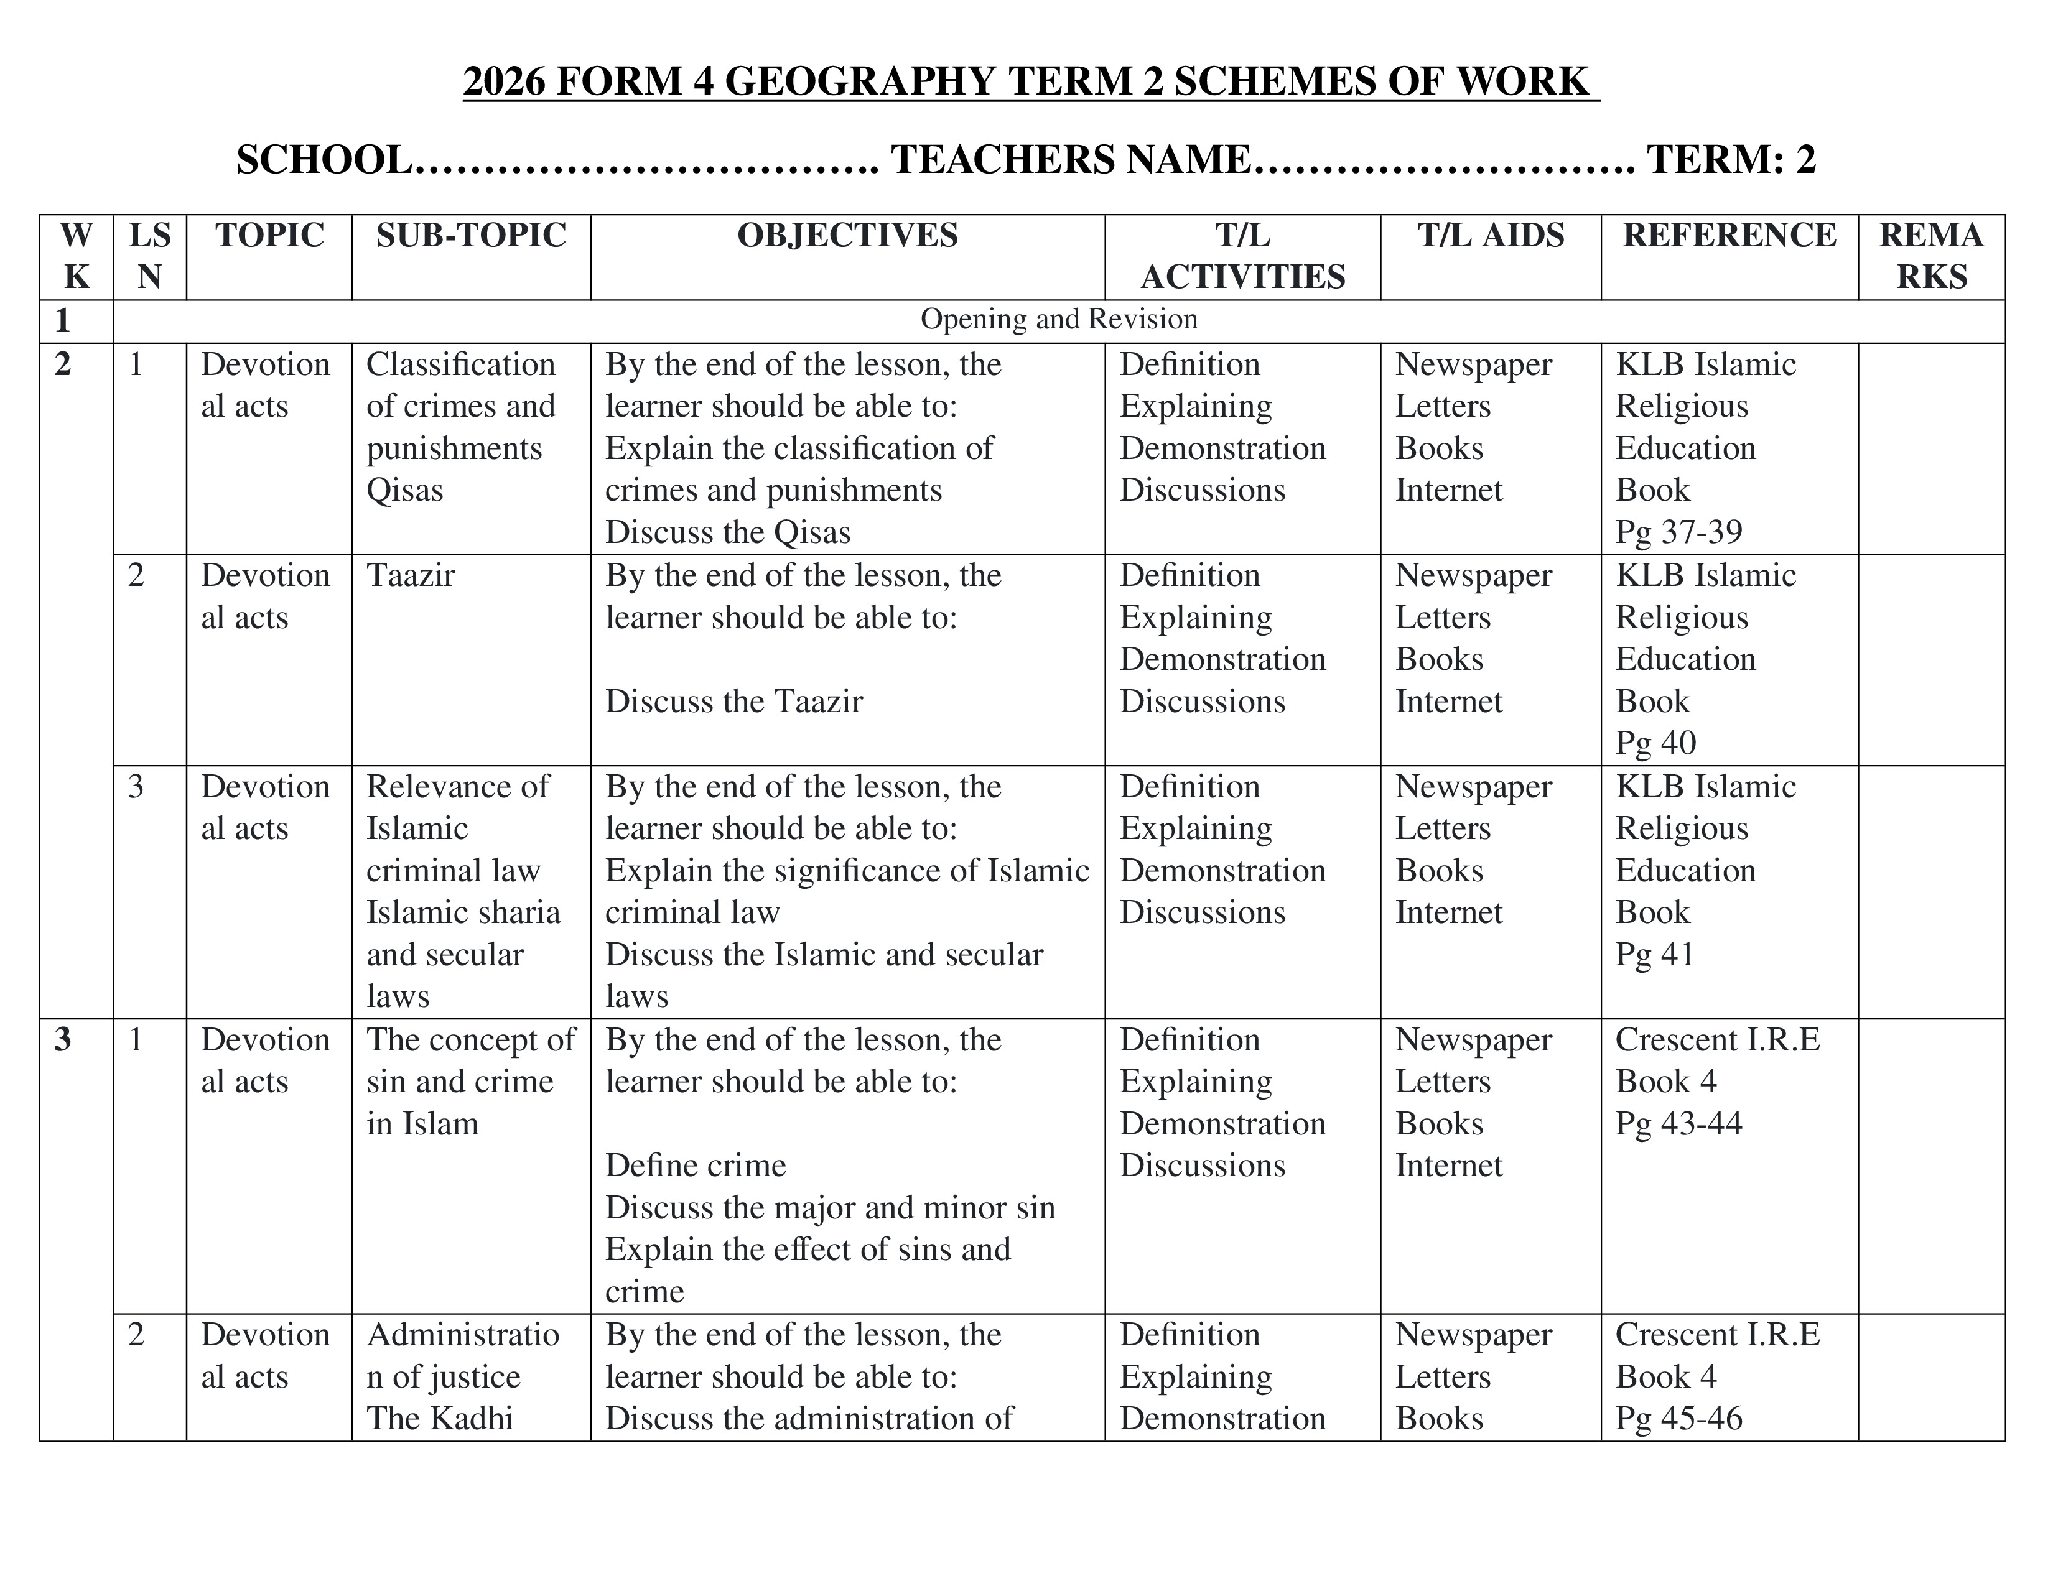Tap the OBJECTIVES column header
(847, 235)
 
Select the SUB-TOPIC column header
(471, 235)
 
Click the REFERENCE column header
(1729, 235)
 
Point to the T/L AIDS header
(1491, 235)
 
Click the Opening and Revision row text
(1058, 320)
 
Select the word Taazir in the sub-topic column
(410, 575)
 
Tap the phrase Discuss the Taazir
(733, 702)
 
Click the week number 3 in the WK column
(63, 1040)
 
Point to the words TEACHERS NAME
(1071, 160)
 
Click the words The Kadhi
(439, 1419)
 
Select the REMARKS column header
(1931, 256)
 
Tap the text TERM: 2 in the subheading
(1731, 160)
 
